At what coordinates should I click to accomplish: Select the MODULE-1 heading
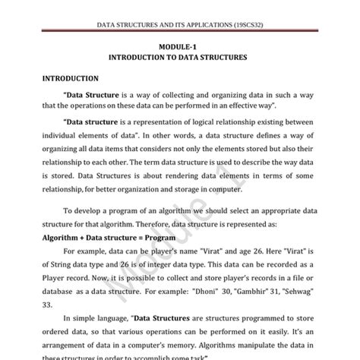pos(179,46)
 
